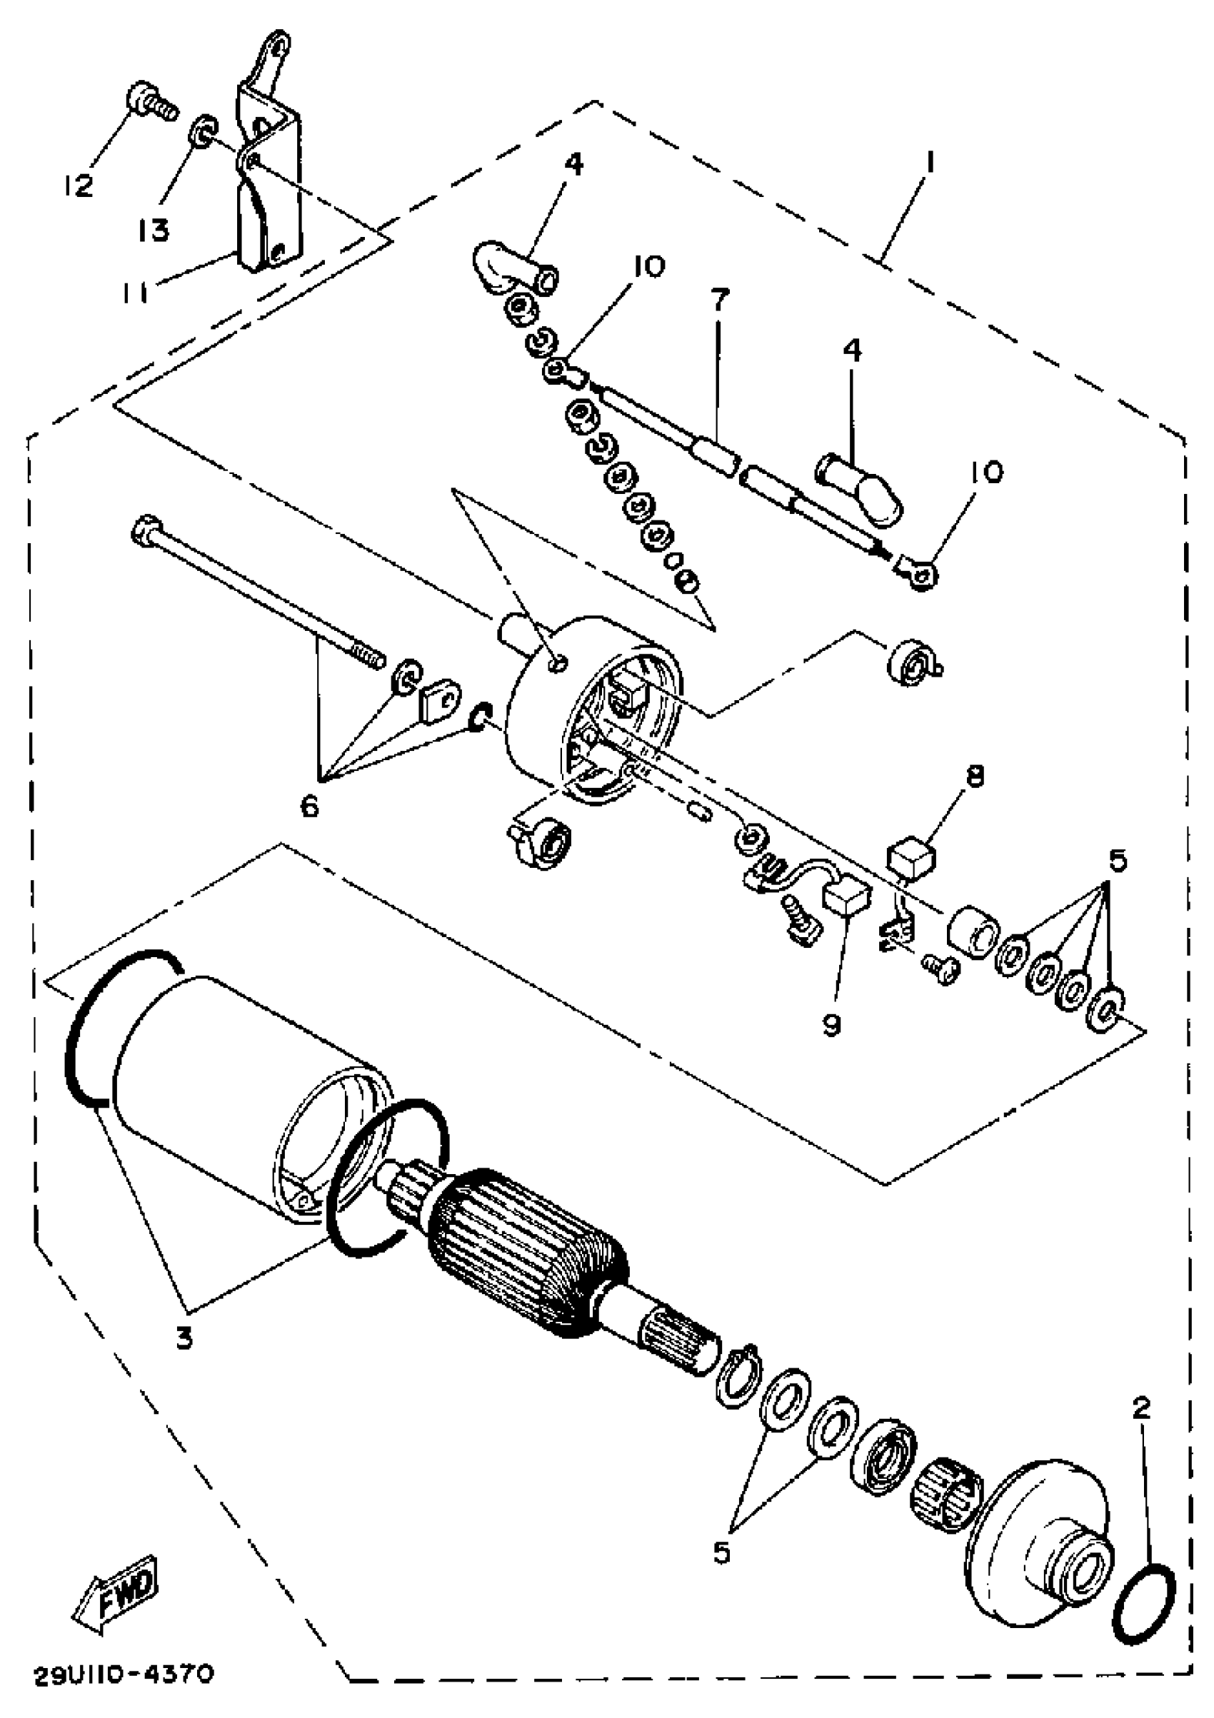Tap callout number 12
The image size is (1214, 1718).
79,183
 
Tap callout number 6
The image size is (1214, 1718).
309,807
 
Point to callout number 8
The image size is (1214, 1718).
975,776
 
